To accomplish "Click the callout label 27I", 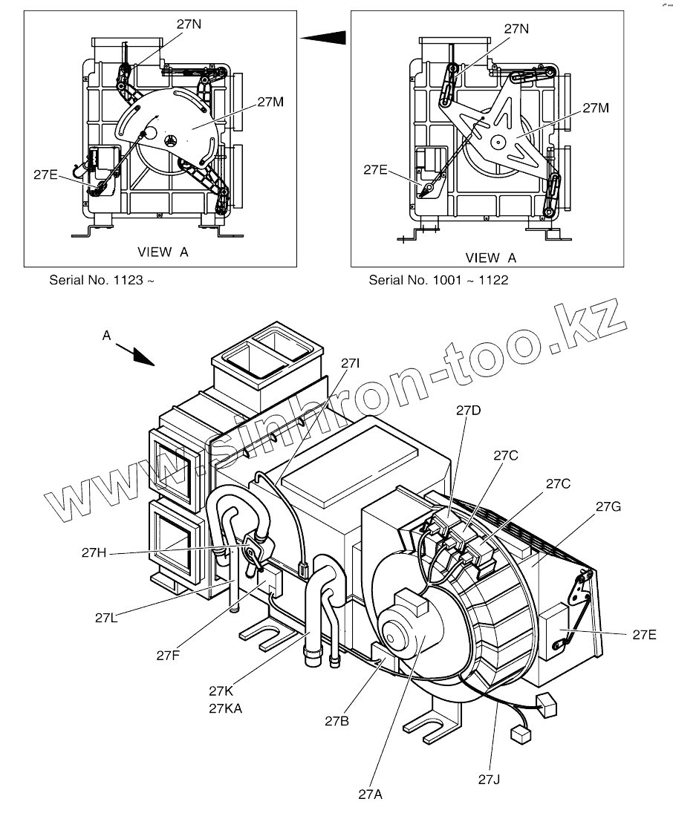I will click(x=351, y=364).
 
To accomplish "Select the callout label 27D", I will click(x=469, y=410).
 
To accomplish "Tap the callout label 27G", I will click(x=608, y=506).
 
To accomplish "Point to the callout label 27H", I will click(x=95, y=552).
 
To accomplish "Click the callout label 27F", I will click(x=169, y=655).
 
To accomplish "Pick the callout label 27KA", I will click(x=225, y=708).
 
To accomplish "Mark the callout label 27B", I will click(x=337, y=720).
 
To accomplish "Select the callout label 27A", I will click(x=370, y=794).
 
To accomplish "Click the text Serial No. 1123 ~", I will click(x=103, y=281).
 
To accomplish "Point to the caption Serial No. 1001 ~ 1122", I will click(x=438, y=281).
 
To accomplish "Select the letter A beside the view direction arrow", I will click(x=106, y=336).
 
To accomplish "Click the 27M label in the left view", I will click(x=270, y=102).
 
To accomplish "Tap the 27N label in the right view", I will click(x=516, y=29).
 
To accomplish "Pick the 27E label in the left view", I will click(x=46, y=174).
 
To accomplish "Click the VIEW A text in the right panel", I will click(x=490, y=258).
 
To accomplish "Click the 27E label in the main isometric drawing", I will click(x=645, y=634).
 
